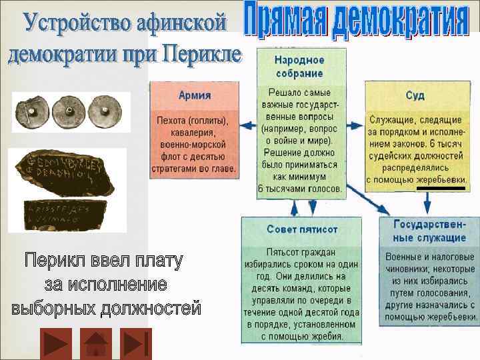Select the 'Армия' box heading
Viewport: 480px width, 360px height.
point(195,95)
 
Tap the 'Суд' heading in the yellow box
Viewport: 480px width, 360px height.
point(415,95)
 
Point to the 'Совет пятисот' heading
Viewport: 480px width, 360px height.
point(302,229)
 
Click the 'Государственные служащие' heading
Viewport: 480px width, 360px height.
point(430,230)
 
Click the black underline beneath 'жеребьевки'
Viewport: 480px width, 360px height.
point(441,189)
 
